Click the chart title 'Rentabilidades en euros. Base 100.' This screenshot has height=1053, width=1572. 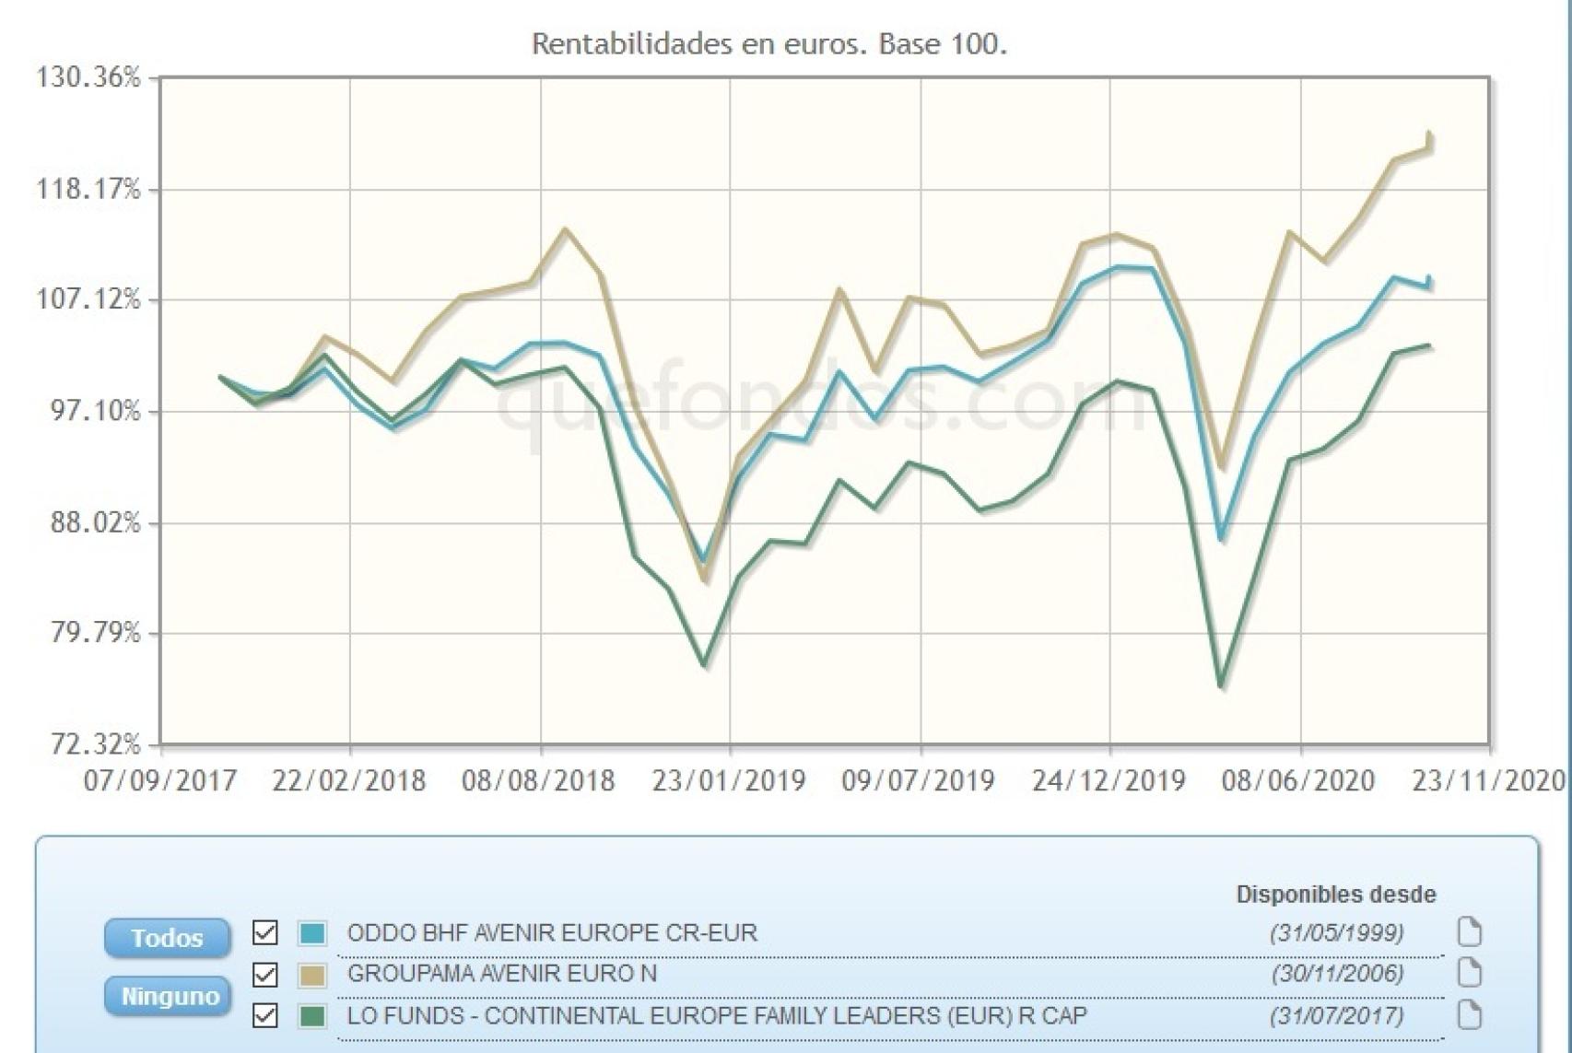pyautogui.click(x=769, y=43)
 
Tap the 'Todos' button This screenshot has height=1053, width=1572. pyautogui.click(x=167, y=938)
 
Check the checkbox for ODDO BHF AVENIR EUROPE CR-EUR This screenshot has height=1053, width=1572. pyautogui.click(x=265, y=932)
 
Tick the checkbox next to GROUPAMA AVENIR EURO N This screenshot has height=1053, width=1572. pyautogui.click(x=265, y=974)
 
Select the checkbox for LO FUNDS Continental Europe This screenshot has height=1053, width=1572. pyautogui.click(x=265, y=1015)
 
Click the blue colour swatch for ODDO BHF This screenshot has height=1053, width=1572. pyautogui.click(x=312, y=933)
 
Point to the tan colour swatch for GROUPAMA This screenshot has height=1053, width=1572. pyautogui.click(x=312, y=975)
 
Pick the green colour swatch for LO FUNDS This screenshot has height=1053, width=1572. pyautogui.click(x=312, y=1016)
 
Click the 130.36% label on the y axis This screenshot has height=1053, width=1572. pyautogui.click(x=88, y=77)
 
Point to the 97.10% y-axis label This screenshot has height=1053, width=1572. pyautogui.click(x=88, y=411)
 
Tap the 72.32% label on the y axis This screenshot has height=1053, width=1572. pyautogui.click(x=88, y=743)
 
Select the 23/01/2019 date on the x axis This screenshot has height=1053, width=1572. pyautogui.click(x=729, y=781)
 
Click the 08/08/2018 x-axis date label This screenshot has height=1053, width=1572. pyautogui.click(x=538, y=781)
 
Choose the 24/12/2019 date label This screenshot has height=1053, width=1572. pyautogui.click(x=1109, y=781)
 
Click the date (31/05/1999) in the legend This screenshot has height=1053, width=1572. pyautogui.click(x=1336, y=932)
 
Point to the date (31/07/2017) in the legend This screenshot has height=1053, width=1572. pyautogui.click(x=1336, y=1015)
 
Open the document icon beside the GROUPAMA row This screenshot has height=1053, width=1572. pyautogui.click(x=1469, y=974)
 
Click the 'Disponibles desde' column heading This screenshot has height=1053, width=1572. pyautogui.click(x=1335, y=894)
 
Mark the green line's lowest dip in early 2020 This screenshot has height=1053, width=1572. pyautogui.click(x=1221, y=685)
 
